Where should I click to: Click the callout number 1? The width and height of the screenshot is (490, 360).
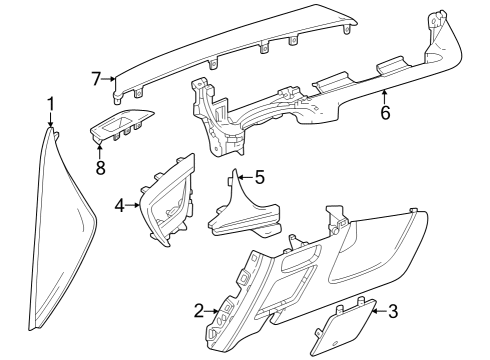click(51, 104)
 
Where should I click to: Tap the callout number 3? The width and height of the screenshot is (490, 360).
click(392, 312)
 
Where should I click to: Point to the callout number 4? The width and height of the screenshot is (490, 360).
click(120, 205)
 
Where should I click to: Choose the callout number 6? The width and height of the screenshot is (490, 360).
click(384, 112)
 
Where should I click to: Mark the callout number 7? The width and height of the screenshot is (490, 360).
click(97, 77)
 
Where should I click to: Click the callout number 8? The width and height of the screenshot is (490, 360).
click(100, 168)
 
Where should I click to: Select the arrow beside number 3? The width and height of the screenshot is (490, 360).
click(376, 312)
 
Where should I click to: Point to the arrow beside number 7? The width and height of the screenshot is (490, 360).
click(112, 78)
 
